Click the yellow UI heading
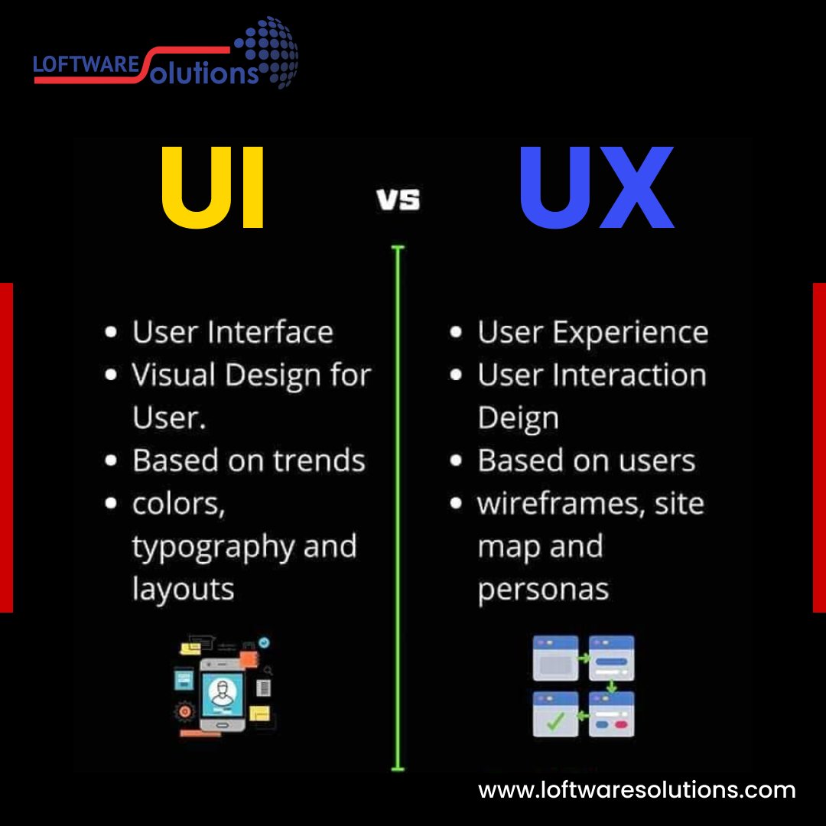213,188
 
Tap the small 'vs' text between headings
398,200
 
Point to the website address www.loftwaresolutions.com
637,789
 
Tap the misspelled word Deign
518,418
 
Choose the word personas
543,590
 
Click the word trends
320,461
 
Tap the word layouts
183,590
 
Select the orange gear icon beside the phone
184,711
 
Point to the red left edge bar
6,447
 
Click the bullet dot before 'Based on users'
457,461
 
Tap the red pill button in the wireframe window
620,723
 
